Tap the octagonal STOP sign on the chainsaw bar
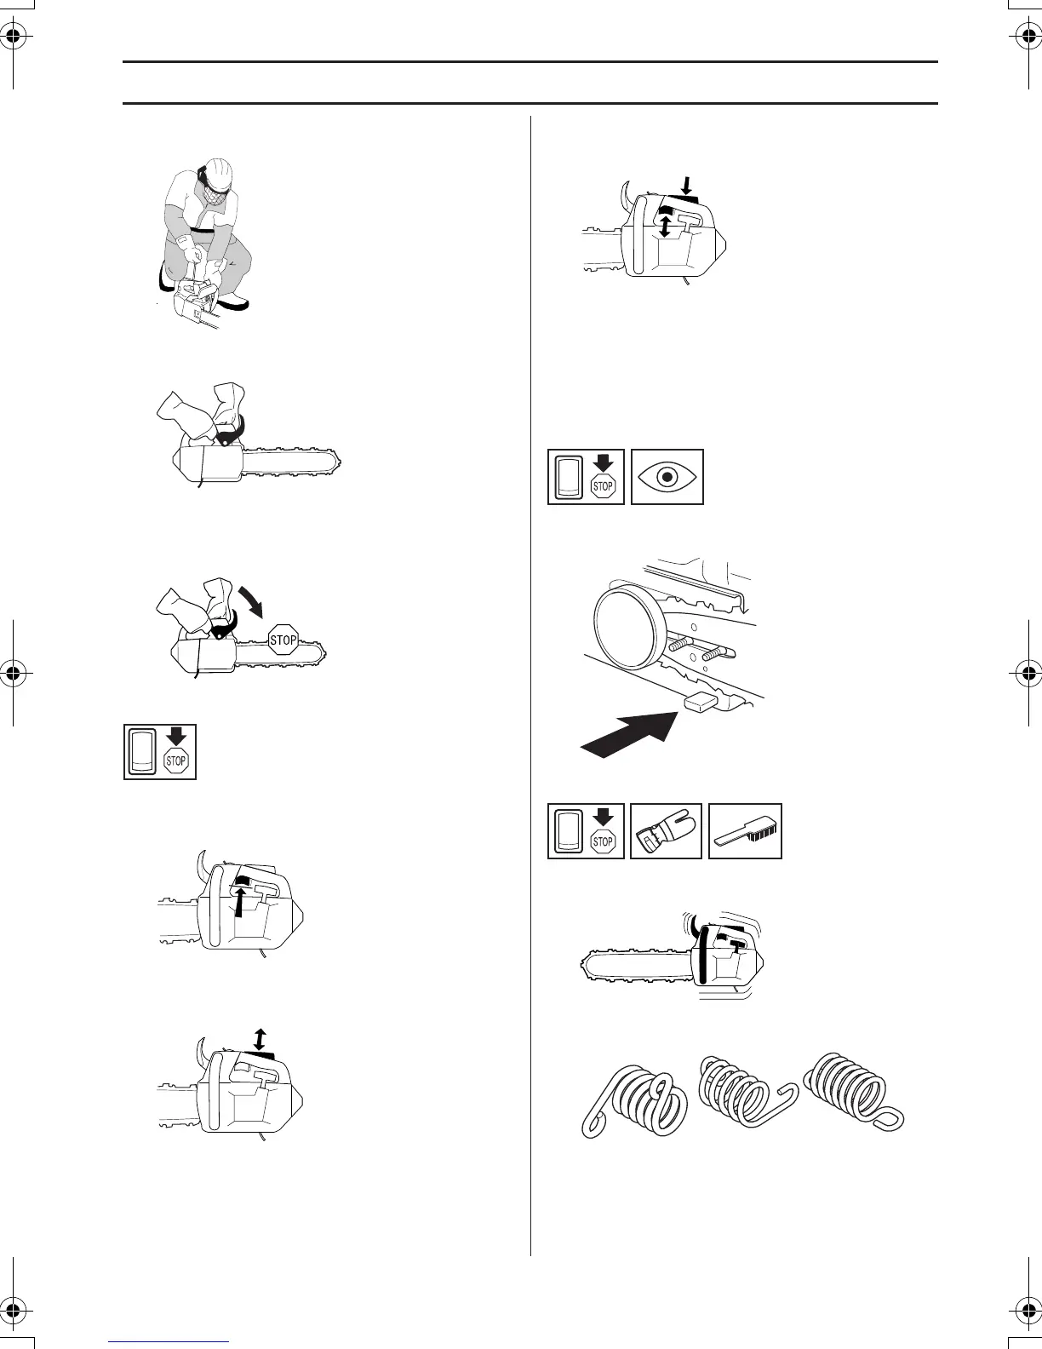coord(283,640)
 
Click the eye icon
coord(667,477)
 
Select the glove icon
coord(666,831)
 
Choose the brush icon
coord(745,832)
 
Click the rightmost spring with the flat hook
coord(851,1090)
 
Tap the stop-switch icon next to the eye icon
coord(586,477)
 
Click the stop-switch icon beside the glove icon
coord(586,831)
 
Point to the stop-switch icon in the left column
coord(160,751)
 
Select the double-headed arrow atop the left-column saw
coord(260,1040)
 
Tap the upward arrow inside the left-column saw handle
coord(242,903)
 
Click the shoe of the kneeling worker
coord(231,303)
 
